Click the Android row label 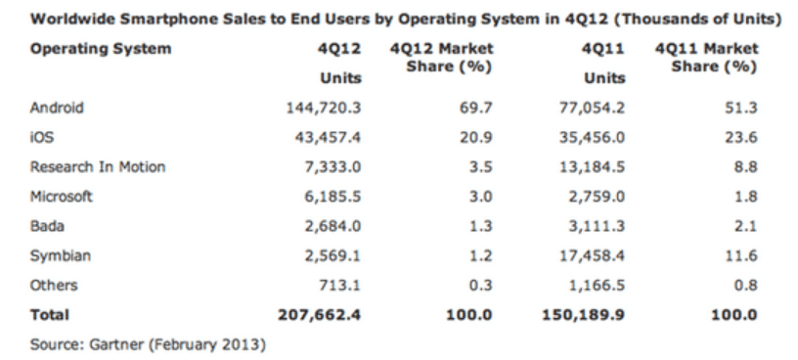[x=56, y=109]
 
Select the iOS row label [x=42, y=138]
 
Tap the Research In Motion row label [x=98, y=167]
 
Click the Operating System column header [x=101, y=48]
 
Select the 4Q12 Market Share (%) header [x=441, y=57]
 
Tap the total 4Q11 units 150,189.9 [x=582, y=315]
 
